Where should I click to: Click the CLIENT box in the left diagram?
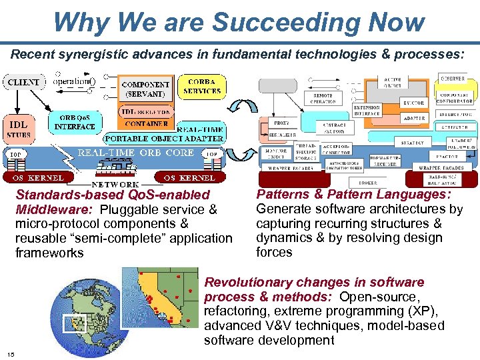click(x=23, y=83)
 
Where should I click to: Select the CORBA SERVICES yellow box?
click(x=201, y=86)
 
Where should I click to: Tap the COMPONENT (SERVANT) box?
click(x=145, y=89)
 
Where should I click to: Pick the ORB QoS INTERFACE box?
click(x=75, y=122)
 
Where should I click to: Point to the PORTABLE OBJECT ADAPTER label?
click(x=163, y=139)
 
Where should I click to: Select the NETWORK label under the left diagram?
click(x=115, y=184)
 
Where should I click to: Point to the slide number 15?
click(x=11, y=353)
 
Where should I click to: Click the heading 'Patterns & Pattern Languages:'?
click(x=353, y=194)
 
